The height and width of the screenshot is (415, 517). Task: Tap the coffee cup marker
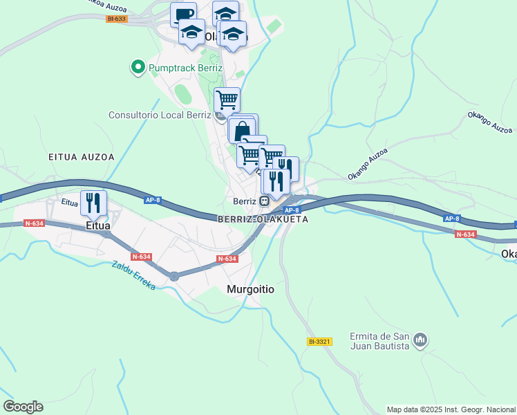183,15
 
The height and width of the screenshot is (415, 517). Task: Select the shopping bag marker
243,131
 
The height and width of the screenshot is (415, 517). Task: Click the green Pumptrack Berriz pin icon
137,68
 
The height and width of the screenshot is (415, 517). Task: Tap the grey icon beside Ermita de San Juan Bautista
420,340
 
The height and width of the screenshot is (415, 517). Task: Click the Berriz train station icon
264,201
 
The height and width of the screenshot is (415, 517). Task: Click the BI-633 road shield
117,19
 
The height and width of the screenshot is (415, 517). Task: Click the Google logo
23,407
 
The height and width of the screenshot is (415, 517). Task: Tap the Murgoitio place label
250,290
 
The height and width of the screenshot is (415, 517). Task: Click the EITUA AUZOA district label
82,157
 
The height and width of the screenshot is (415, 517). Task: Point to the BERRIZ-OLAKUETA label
262,219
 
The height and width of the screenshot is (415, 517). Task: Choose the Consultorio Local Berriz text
159,115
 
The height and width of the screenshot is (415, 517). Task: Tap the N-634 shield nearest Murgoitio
227,259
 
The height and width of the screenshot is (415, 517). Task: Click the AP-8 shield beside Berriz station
292,210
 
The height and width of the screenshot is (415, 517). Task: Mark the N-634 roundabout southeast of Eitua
174,275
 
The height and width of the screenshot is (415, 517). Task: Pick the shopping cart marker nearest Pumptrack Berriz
227,100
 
